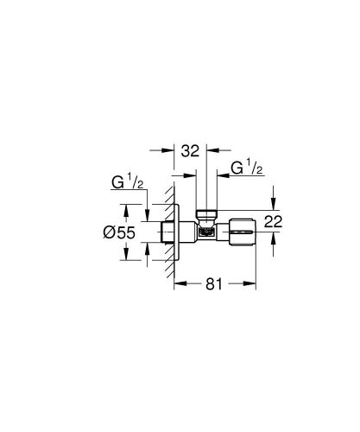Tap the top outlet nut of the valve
[x=206, y=213]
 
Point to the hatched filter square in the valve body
[x=206, y=231]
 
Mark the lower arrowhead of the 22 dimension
[x=274, y=236]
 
